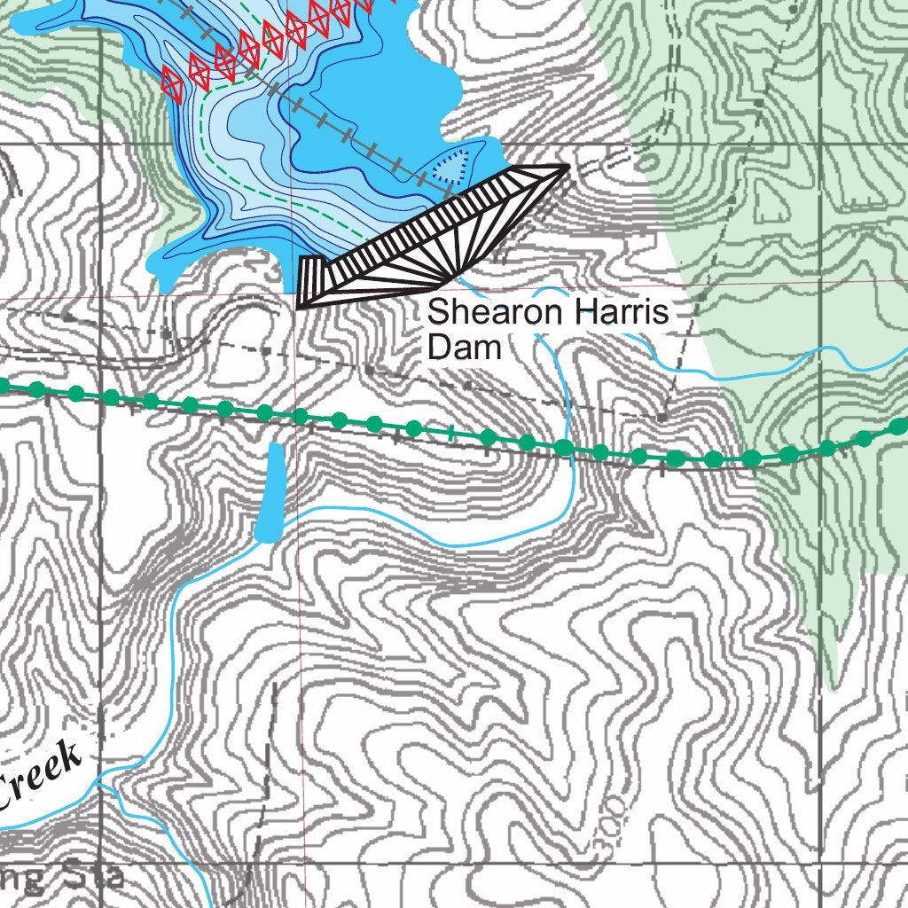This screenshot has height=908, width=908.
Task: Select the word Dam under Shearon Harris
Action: [x=464, y=347]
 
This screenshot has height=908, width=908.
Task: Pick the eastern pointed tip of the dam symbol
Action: [x=565, y=168]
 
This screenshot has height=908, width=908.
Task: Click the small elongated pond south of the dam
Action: [x=270, y=492]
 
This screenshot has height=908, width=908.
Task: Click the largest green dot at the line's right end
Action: [x=899, y=427]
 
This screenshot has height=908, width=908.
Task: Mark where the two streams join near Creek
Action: [x=99, y=784]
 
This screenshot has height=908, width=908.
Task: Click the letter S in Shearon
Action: [x=436, y=314]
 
